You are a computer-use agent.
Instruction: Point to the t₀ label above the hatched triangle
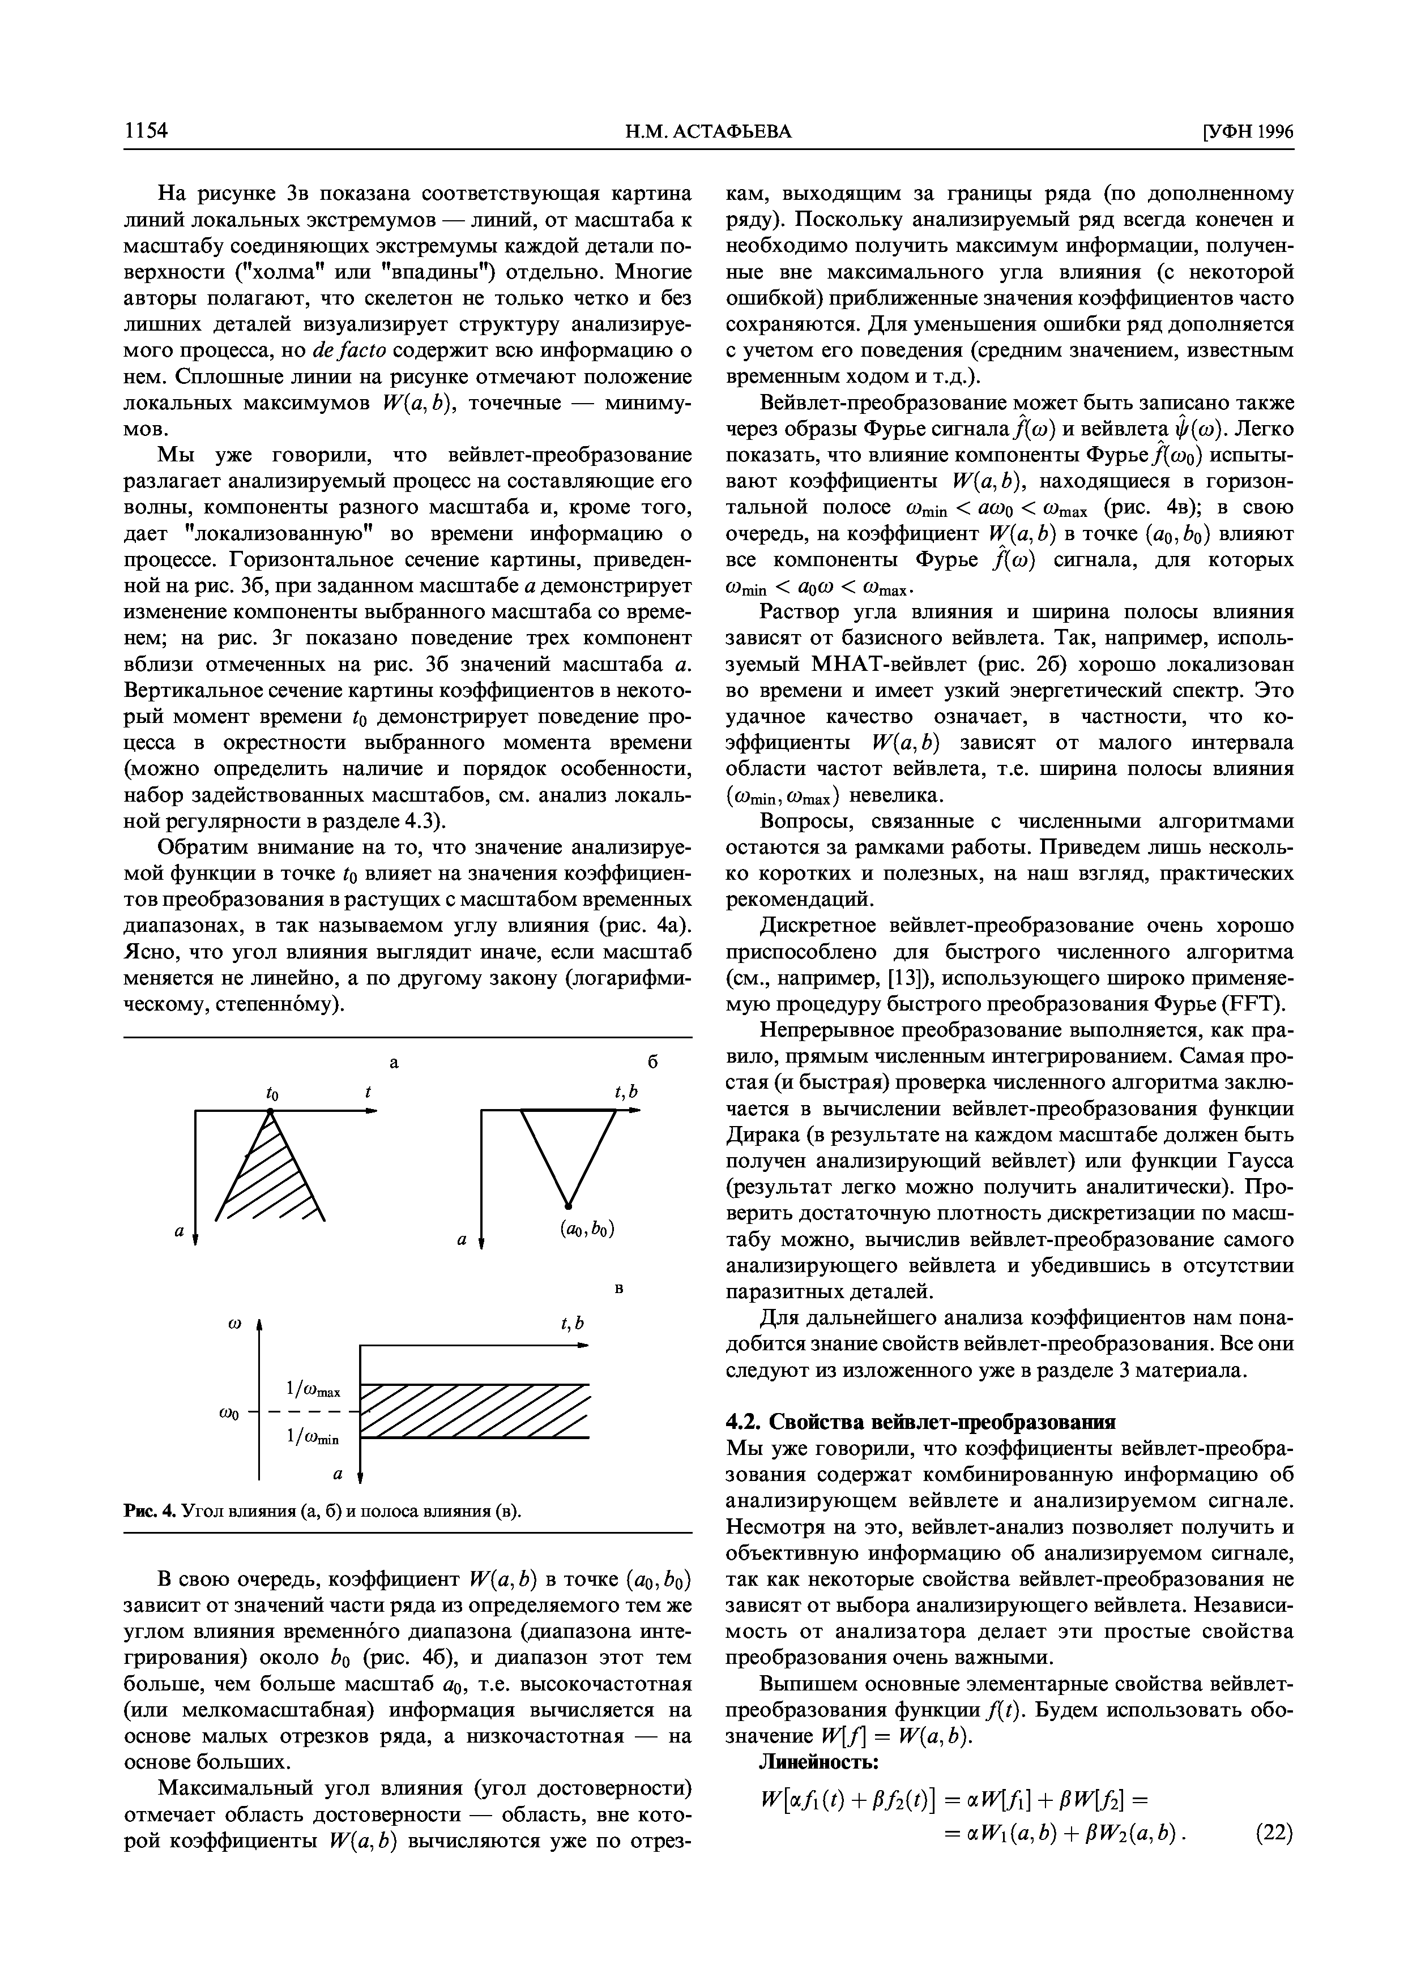point(271,1094)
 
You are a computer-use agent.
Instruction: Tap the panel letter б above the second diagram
point(653,1062)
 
